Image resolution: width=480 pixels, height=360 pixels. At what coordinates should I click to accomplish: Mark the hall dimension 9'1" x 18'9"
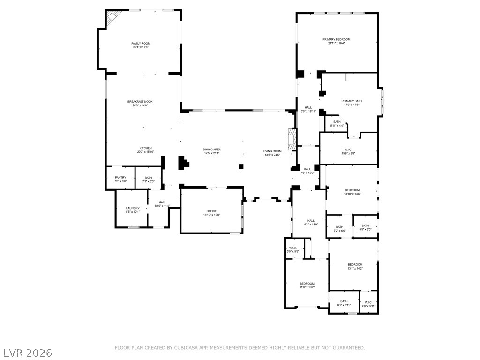[311, 225]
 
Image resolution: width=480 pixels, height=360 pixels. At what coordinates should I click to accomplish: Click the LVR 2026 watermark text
[28, 352]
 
